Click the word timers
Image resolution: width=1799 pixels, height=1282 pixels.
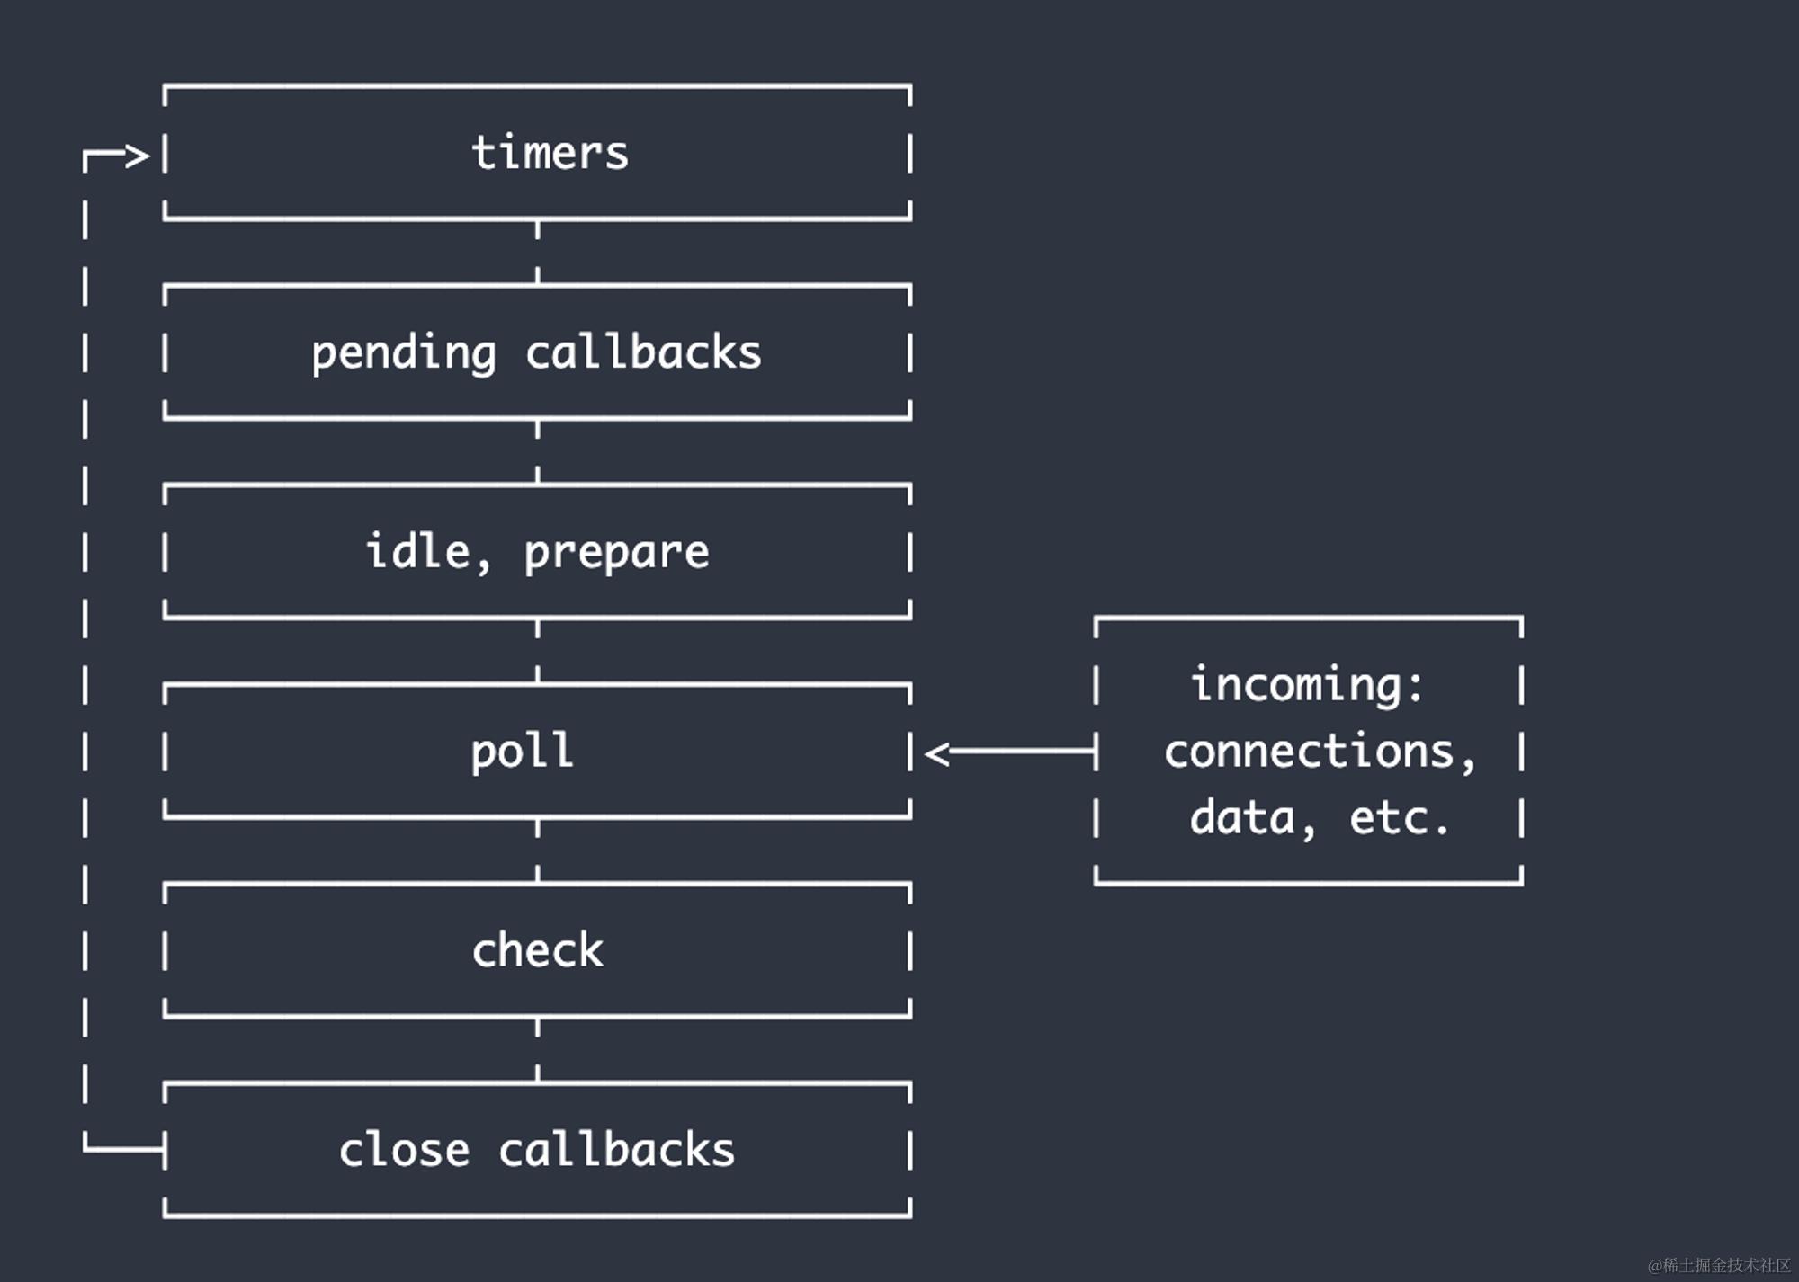point(550,153)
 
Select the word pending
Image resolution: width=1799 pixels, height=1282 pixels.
point(403,352)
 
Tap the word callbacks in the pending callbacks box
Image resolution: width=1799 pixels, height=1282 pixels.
point(643,352)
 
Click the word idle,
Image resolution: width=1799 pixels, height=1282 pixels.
point(427,551)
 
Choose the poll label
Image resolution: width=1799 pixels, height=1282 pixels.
point(522,752)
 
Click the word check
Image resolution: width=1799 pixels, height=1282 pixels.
point(538,950)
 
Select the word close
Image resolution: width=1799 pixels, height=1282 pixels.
point(404,1150)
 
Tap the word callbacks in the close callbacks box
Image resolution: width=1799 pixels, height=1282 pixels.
point(616,1150)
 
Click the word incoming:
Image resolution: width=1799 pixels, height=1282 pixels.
point(1307,685)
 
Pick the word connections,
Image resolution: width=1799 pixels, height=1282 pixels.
point(1320,752)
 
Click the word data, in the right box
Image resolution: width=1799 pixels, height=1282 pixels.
point(1253,818)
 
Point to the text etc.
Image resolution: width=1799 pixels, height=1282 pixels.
point(1399,818)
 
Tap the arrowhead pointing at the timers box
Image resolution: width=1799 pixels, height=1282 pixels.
point(137,156)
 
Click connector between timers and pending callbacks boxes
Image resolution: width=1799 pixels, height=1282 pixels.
point(538,253)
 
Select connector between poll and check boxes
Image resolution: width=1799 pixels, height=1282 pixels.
point(538,850)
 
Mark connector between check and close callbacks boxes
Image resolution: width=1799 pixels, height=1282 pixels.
point(538,1050)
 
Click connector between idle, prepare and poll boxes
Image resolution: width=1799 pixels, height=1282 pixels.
point(538,651)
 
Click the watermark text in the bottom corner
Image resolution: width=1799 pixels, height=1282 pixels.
point(1719,1265)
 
